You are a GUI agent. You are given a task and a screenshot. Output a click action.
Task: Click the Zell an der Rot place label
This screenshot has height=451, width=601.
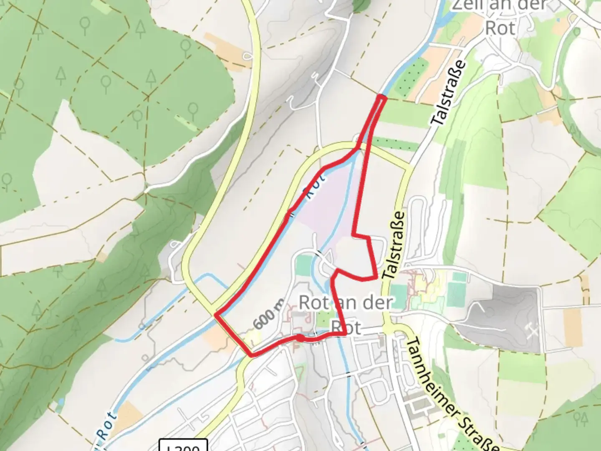point(500,17)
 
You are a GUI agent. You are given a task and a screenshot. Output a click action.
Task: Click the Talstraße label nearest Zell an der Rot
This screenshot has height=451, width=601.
point(449,93)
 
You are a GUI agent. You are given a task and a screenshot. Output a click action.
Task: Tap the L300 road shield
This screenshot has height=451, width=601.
point(184,446)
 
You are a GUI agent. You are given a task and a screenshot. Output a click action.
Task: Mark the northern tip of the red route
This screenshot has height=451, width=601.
point(381,97)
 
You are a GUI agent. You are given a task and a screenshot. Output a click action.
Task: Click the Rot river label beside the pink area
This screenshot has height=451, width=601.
point(316,188)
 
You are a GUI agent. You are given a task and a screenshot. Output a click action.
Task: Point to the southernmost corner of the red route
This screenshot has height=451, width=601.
point(252,355)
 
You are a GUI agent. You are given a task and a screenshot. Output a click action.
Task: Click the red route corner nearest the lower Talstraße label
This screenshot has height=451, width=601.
point(377,277)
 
